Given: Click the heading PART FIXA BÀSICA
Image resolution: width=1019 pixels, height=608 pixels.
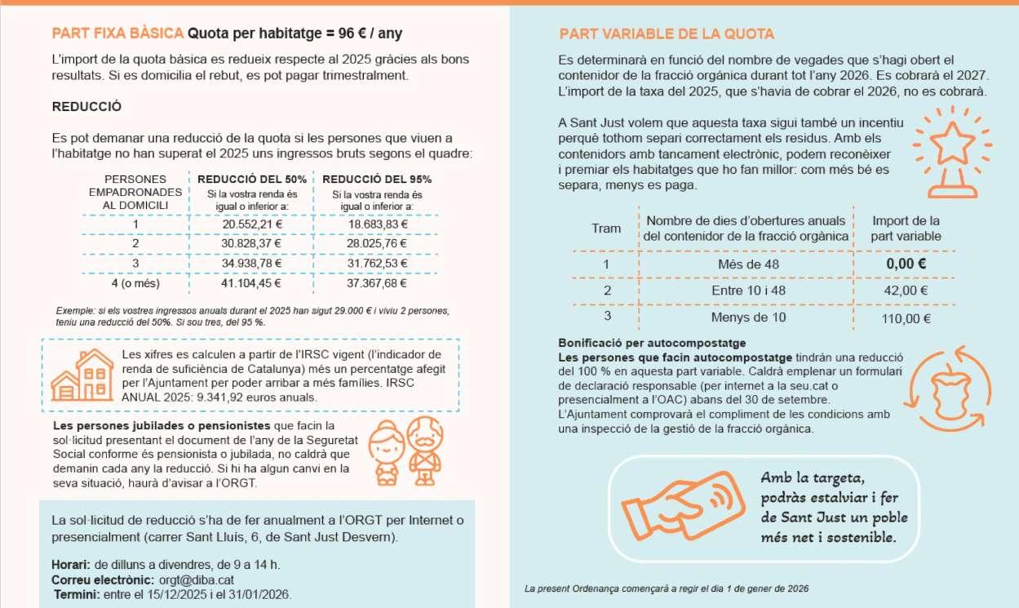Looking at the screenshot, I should [117, 33].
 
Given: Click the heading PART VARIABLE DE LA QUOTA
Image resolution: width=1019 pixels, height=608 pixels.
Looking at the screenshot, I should [667, 34].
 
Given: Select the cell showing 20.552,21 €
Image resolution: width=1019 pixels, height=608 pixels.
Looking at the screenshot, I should [252, 224].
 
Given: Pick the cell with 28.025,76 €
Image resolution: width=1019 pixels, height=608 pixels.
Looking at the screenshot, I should [377, 243].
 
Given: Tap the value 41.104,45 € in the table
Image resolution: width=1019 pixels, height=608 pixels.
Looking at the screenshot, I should [252, 283].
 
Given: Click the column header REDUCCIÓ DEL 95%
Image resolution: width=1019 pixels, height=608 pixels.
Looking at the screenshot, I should [377, 180].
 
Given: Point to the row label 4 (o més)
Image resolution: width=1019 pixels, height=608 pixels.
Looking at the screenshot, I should [135, 283].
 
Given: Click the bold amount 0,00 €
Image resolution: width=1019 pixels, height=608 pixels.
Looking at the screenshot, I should [906, 264].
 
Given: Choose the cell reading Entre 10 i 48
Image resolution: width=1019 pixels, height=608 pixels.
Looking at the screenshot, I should [748, 291].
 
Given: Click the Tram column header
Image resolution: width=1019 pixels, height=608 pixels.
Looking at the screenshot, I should [605, 229].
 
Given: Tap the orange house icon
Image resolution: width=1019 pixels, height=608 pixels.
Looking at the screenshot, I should [82, 375].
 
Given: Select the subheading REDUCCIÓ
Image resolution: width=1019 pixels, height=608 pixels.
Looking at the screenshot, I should [86, 107].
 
